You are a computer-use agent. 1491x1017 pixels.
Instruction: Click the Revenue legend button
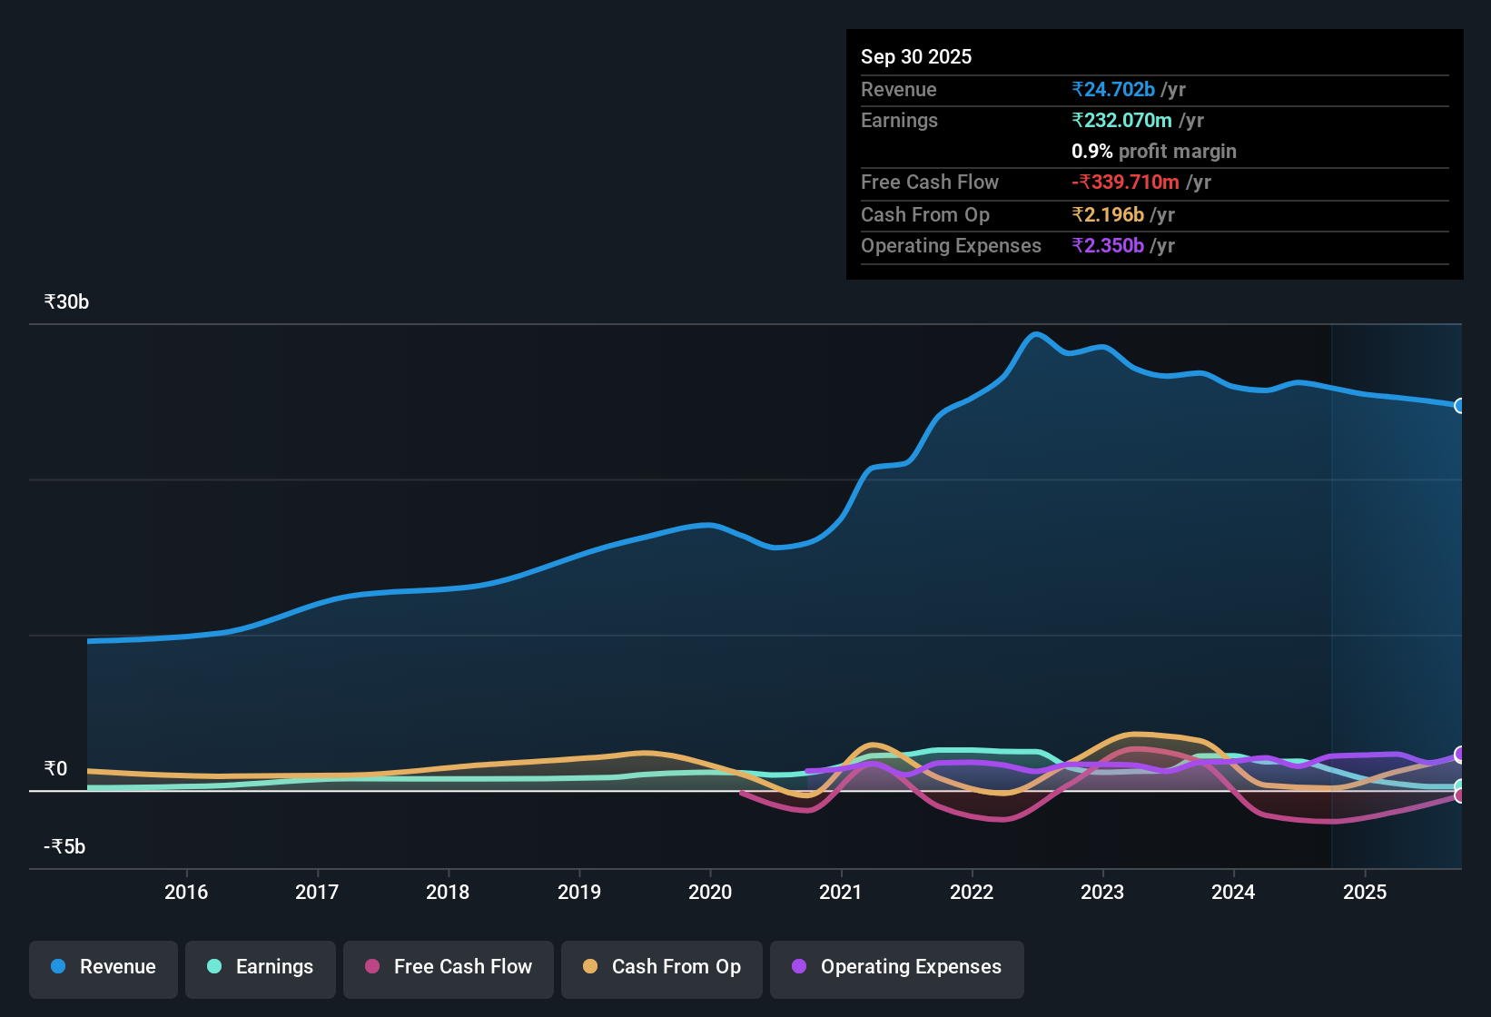pyautogui.click(x=104, y=967)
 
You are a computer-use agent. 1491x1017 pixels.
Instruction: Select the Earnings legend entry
pyautogui.click(x=261, y=967)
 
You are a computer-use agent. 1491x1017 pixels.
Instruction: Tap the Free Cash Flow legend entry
pyautogui.click(x=449, y=967)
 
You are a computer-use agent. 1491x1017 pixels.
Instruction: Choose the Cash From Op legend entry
pyautogui.click(x=662, y=967)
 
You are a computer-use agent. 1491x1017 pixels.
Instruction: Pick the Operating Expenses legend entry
pyautogui.click(x=897, y=967)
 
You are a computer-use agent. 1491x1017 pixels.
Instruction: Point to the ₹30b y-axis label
pyautogui.click(x=66, y=302)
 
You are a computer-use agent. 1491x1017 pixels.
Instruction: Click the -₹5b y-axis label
pyautogui.click(x=64, y=847)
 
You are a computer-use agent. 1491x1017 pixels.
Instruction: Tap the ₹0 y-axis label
pyautogui.click(x=55, y=769)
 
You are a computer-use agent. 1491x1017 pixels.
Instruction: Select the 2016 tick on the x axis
pyautogui.click(x=186, y=893)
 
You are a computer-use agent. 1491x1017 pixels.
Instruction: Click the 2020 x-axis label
pyautogui.click(x=710, y=893)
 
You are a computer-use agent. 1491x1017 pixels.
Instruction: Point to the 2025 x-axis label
pyautogui.click(x=1365, y=893)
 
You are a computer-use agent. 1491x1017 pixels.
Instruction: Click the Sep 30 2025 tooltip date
pyautogui.click(x=916, y=57)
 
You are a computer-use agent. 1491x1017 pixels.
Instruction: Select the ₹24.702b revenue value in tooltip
pyautogui.click(x=1113, y=90)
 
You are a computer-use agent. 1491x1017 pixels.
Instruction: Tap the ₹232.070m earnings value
pyautogui.click(x=1121, y=121)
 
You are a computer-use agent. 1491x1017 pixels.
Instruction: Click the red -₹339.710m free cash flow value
pyautogui.click(x=1125, y=183)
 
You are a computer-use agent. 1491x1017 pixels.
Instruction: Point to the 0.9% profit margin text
pyautogui.click(x=1153, y=152)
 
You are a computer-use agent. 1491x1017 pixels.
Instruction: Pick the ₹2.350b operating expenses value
pyautogui.click(x=1108, y=246)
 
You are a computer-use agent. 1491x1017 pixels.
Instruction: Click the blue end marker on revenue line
pyautogui.click(x=1460, y=406)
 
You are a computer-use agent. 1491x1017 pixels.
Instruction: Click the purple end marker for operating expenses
pyautogui.click(x=1460, y=755)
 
